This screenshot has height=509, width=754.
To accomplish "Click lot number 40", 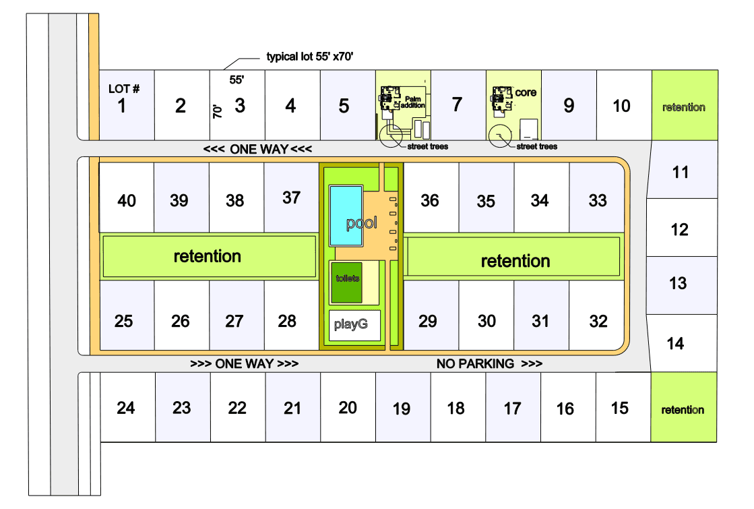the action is click(127, 200).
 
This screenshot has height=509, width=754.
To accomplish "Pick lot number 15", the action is click(619, 408).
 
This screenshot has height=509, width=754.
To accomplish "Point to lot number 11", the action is click(681, 173).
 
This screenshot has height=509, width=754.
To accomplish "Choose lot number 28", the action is click(287, 321).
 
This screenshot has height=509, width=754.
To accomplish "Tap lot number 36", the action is click(429, 200).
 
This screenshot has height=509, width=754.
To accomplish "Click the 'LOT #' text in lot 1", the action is click(124, 89).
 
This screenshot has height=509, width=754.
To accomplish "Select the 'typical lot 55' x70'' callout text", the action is click(310, 57).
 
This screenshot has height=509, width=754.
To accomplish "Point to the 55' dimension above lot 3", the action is click(237, 80).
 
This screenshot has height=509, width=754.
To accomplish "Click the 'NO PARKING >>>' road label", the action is click(489, 364).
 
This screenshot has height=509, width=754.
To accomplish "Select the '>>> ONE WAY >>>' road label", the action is click(244, 364).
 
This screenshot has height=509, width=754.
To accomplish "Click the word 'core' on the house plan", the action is click(526, 92).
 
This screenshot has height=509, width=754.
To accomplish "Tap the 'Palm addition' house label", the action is click(412, 102).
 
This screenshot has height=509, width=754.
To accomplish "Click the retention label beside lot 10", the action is click(683, 107).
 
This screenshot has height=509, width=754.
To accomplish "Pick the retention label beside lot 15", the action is click(683, 410).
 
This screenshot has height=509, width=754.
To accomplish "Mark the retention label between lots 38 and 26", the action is click(207, 256).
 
